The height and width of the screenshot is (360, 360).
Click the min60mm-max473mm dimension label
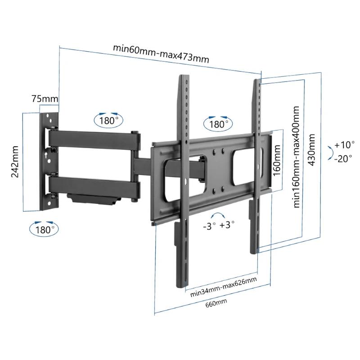pyautogui.click(x=161, y=54)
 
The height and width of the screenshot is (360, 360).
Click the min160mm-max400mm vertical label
pyautogui.click(x=297, y=157)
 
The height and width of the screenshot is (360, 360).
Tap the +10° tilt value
pyautogui.click(x=345, y=145)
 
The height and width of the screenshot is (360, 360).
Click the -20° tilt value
pyautogui.click(x=344, y=158)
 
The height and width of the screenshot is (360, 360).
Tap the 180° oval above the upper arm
pyautogui.click(x=109, y=121)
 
